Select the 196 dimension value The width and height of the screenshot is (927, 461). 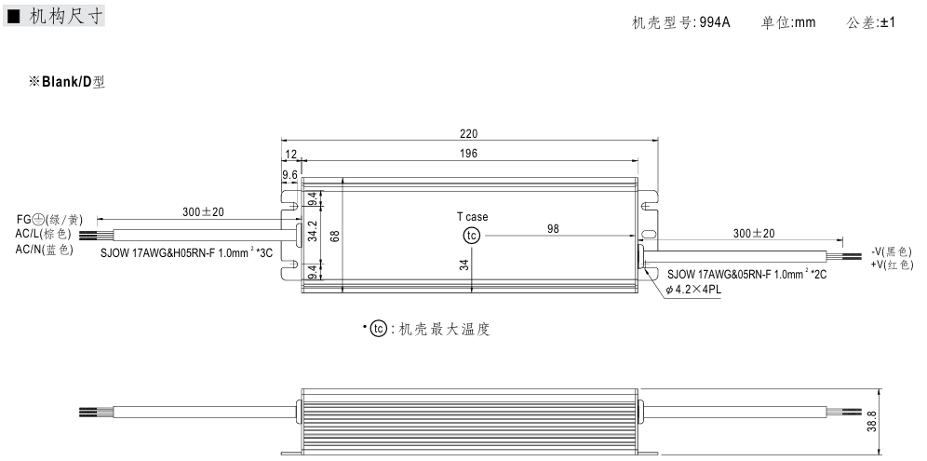point(469,154)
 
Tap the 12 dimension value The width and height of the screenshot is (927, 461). point(290,154)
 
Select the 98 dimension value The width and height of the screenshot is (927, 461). point(553,229)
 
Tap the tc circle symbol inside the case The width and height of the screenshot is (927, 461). point(472,236)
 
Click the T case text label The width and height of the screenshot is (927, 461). point(472,217)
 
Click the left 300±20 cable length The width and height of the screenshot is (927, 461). point(203,212)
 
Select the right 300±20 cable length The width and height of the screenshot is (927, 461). point(754,233)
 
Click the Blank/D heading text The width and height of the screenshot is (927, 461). point(67,82)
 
